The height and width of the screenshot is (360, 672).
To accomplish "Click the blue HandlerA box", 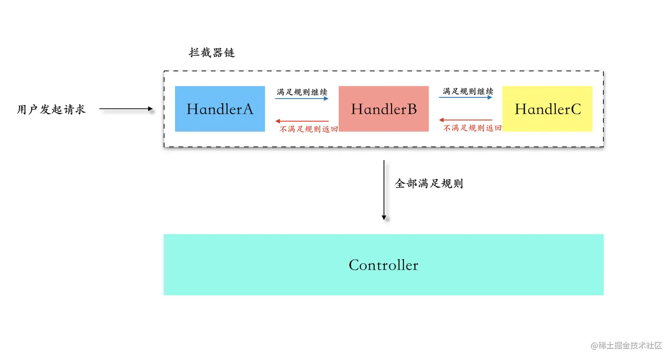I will tap(220, 109).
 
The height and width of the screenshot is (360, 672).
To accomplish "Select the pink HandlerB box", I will tap(384, 109).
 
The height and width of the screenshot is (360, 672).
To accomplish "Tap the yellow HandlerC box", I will tap(547, 109).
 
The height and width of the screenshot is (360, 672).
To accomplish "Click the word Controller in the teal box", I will tap(383, 265).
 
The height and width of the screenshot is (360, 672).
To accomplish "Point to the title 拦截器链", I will tap(212, 53).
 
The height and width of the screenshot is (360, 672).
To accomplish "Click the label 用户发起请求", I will tap(51, 109).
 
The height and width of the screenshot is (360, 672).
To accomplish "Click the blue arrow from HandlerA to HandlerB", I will tap(302, 99).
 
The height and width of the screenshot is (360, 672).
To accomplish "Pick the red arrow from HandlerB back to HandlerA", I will tap(302, 121).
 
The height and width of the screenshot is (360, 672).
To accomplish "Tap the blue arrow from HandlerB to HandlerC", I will tap(466, 98).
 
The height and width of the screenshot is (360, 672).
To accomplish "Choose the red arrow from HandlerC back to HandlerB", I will tap(466, 120).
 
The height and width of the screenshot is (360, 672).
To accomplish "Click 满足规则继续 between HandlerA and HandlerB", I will tap(302, 92).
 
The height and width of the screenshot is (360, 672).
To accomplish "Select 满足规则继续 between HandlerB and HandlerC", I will tap(468, 91).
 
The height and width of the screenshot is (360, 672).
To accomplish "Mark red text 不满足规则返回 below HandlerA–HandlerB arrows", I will tap(308, 129).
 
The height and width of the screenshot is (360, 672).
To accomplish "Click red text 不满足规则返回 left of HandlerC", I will tap(472, 128).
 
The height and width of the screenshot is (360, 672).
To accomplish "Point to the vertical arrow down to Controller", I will tap(384, 189).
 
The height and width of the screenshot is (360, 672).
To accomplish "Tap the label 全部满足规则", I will tap(429, 184).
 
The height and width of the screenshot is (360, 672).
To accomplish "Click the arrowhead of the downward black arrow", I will tap(384, 217).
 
